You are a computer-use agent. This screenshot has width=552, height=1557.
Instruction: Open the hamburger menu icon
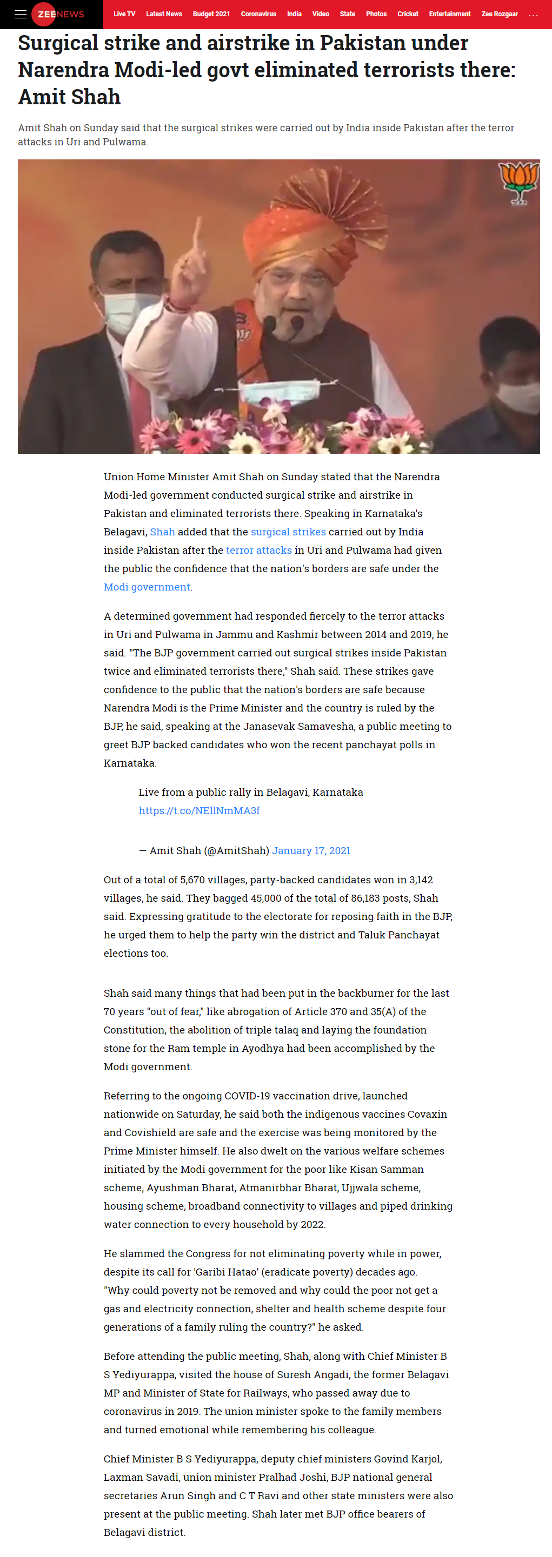point(20,14)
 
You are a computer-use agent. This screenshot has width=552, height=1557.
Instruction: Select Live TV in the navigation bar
point(124,14)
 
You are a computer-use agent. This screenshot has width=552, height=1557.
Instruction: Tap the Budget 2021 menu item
point(211,14)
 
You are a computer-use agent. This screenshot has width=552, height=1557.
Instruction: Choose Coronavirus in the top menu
point(258,14)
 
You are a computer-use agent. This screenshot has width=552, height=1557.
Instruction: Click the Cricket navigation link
point(408,14)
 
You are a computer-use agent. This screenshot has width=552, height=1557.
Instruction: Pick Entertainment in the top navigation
point(449,14)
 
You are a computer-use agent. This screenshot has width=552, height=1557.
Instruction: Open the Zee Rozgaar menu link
point(500,14)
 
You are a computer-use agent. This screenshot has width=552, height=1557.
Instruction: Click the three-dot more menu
point(533,15)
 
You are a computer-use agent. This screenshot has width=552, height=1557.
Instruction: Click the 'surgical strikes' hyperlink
point(288,532)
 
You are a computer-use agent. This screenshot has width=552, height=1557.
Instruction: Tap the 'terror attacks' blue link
point(259,550)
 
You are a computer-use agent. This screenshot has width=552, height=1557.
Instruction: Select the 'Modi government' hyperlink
point(147,587)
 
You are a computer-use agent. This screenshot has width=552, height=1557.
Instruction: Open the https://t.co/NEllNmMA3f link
point(199,810)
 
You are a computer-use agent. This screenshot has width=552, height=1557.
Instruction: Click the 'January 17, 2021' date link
point(311,850)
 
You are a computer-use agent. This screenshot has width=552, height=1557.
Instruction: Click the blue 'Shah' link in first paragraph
point(162,532)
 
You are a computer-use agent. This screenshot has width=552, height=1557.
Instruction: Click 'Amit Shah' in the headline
point(70,97)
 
